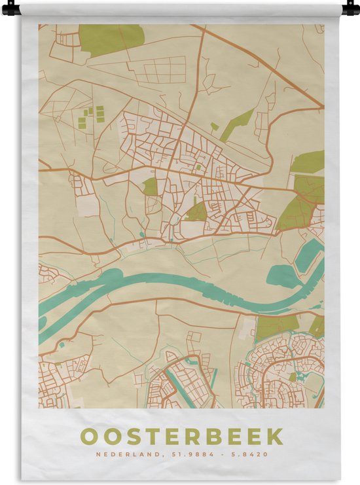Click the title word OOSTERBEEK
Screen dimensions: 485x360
click(181, 436)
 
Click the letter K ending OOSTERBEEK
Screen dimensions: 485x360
click(276, 436)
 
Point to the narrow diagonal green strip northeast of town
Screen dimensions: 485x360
click(237, 124)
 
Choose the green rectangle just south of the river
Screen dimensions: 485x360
click(274, 327)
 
